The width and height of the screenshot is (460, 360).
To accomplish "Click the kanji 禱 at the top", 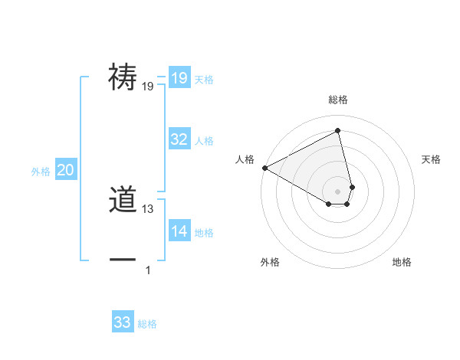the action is tap(123, 77).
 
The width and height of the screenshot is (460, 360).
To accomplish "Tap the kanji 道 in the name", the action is tap(123, 201).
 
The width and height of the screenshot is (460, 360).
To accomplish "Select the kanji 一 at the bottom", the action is tap(123, 260).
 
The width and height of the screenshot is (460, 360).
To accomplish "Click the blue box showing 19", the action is tap(179, 78).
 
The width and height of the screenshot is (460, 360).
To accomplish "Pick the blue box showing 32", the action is tap(179, 139).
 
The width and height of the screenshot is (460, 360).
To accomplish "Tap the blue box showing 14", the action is tap(179, 231).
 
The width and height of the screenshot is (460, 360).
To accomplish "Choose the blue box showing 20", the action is tap(65, 170).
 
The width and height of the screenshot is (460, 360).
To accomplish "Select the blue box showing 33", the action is tap(123, 322).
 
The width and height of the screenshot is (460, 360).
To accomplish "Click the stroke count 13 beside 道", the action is tap(148, 209).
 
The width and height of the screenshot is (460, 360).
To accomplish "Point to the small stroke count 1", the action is tap(148, 270).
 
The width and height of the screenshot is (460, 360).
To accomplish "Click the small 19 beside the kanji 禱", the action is tap(148, 87).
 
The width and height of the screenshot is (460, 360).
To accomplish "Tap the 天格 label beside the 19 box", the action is tap(204, 80).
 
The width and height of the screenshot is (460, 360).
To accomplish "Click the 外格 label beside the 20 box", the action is tap(41, 172).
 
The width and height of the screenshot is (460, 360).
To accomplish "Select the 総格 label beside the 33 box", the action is tap(147, 324).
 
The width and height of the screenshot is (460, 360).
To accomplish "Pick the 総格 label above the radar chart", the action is tap(338, 100).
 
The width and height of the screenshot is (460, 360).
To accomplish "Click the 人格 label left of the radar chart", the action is tap(245, 159).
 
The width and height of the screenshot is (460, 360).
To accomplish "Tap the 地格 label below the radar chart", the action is tap(402, 262).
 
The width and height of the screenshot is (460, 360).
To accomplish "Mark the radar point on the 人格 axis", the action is tap(264, 167).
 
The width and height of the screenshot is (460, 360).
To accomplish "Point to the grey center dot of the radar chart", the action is tap(338, 191).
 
